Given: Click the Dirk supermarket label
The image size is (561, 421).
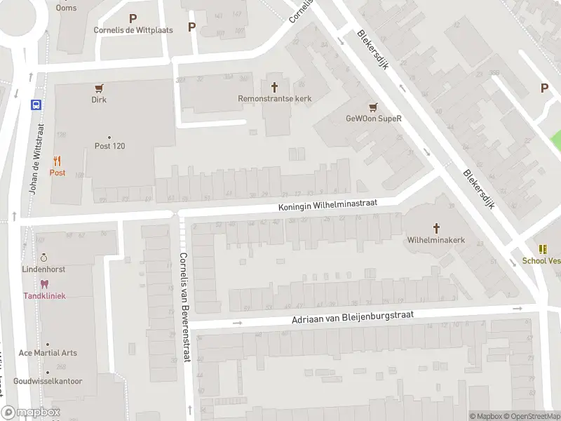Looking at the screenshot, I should [99, 100].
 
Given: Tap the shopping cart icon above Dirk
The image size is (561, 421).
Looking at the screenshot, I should [99, 88].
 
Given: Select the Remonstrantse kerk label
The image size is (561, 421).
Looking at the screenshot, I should [274, 99].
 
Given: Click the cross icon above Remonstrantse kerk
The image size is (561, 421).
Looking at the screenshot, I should [274, 87].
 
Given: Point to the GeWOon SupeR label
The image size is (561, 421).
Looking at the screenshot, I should [373, 119].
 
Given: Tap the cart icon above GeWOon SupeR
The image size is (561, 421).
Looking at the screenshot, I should [373, 107].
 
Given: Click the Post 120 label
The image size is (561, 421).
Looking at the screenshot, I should [109, 146].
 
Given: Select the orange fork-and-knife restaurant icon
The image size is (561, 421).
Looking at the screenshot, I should [57, 161].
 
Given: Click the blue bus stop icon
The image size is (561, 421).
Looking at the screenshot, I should [36, 105].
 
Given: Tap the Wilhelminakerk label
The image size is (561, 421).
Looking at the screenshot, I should [436, 240].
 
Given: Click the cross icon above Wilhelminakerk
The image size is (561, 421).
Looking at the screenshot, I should [436, 228].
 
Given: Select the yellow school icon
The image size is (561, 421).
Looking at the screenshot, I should [542, 249].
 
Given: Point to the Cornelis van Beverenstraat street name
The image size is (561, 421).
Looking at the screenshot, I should [184, 306].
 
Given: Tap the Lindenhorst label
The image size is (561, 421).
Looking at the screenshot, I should [43, 269].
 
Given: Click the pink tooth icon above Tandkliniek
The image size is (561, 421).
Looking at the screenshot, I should [43, 284].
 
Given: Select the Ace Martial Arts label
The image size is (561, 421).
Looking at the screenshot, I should [48, 353].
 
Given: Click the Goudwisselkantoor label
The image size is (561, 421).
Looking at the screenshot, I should [48, 382].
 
